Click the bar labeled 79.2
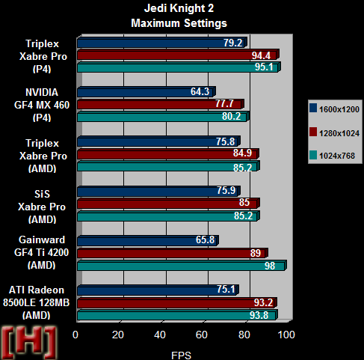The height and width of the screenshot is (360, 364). click(162, 43)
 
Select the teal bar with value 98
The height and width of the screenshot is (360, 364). click(182, 266)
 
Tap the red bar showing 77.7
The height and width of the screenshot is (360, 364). click(161, 104)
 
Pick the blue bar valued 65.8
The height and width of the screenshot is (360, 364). click(148, 240)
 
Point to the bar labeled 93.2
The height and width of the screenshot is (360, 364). click(177, 303)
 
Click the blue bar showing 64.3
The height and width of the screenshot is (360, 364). click(146, 92)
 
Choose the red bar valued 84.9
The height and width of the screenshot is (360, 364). click(168, 154)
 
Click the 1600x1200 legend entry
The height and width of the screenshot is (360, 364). click(334, 109)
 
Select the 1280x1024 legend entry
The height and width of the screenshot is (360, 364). click(334, 133)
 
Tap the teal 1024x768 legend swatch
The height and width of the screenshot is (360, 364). click(313, 155)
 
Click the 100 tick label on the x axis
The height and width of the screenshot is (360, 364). click(286, 335)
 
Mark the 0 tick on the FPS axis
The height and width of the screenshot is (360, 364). click(75, 335)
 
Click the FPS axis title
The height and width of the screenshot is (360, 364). click(181, 356)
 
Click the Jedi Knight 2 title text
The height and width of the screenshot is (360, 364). click(179, 8)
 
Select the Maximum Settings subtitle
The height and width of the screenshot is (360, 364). click(179, 23)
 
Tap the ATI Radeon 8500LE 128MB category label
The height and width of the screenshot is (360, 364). click(37, 302)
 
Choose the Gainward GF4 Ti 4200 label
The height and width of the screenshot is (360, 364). click(41, 252)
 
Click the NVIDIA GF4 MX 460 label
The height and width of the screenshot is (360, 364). click(42, 105)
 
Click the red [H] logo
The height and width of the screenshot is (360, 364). click(29, 342)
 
